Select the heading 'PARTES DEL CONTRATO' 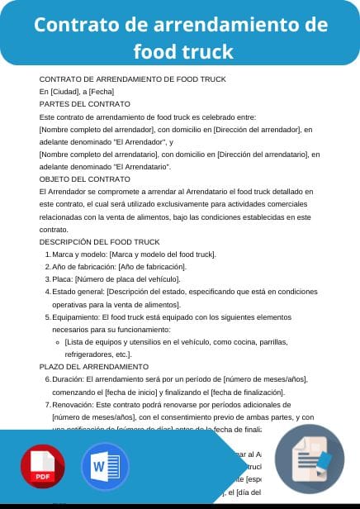(x=85, y=104)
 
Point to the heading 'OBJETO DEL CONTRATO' (x=85, y=178)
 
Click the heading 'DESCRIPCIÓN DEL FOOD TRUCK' (x=100, y=241)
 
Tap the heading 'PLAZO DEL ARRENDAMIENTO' (x=94, y=366)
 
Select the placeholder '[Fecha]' (x=102, y=91)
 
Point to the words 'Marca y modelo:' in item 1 (x=79, y=254)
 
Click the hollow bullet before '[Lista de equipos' (x=57, y=342)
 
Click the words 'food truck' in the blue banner (x=183, y=51)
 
